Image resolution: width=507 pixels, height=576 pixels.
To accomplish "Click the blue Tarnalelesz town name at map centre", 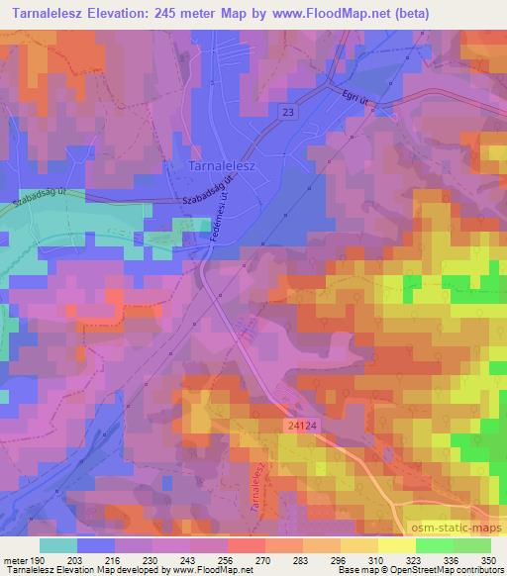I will point(221,166).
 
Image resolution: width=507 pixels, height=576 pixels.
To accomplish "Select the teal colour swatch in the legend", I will point(59,545).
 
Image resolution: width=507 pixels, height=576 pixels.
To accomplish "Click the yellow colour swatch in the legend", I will point(395,545).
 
